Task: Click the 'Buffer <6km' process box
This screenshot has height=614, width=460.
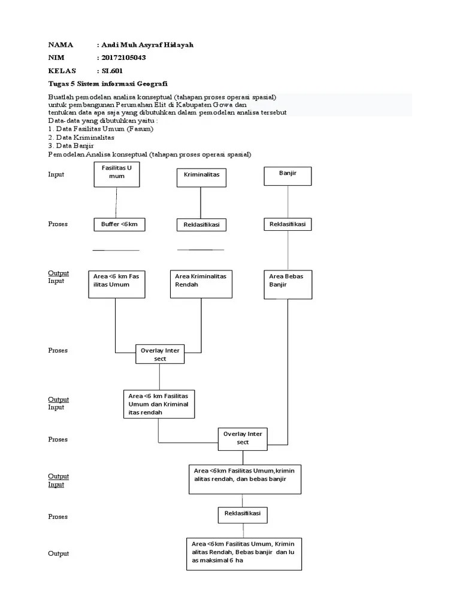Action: click(x=120, y=224)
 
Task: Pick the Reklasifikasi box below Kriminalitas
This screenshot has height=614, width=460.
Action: click(x=201, y=225)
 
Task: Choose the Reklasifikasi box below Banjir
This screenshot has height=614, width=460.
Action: click(x=288, y=224)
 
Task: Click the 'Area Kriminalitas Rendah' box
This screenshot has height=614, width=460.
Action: click(x=201, y=284)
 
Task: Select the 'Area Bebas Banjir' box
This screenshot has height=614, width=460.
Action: click(x=288, y=284)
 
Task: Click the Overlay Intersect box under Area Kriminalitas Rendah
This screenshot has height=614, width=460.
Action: click(x=160, y=354)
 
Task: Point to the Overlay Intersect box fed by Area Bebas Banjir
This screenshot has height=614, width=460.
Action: click(x=243, y=438)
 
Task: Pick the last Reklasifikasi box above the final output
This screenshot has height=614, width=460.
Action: click(x=243, y=514)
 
